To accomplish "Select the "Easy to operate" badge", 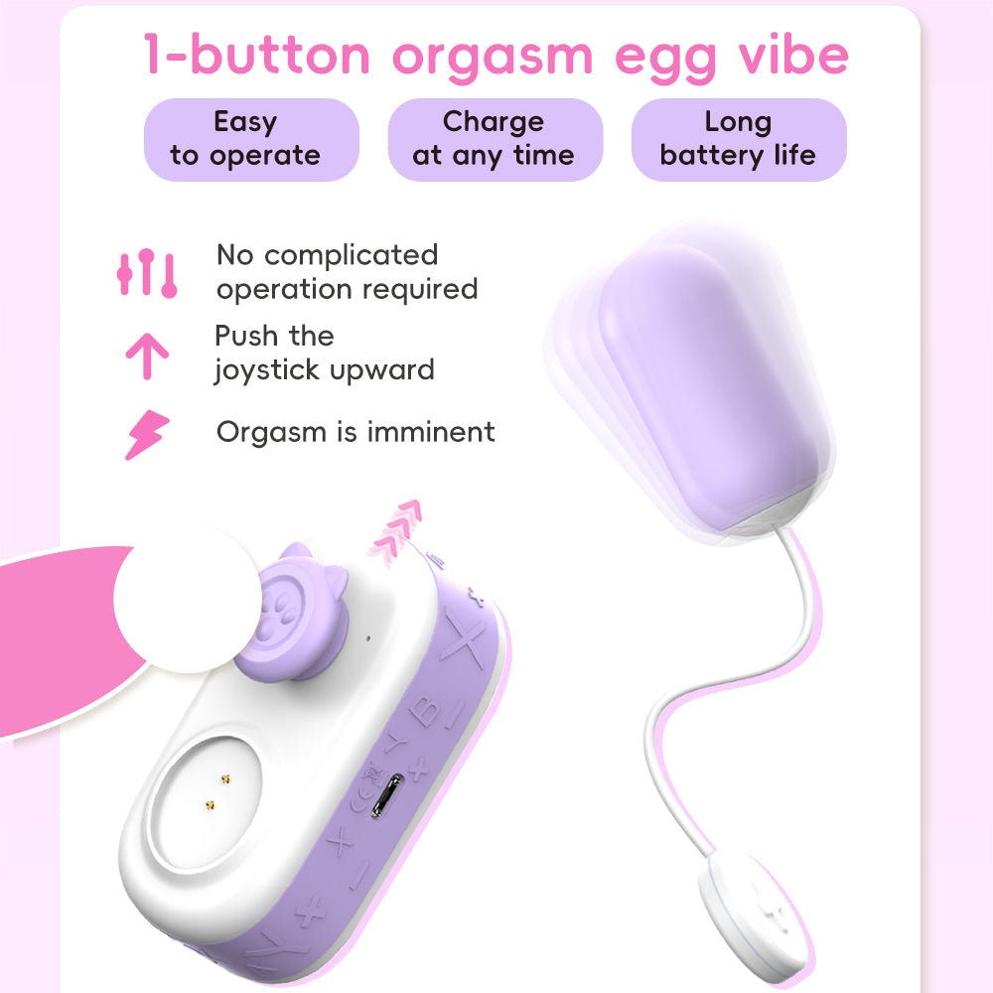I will coord(245,139).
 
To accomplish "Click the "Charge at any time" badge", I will coord(494,139).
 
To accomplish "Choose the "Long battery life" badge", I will coord(738,139).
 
